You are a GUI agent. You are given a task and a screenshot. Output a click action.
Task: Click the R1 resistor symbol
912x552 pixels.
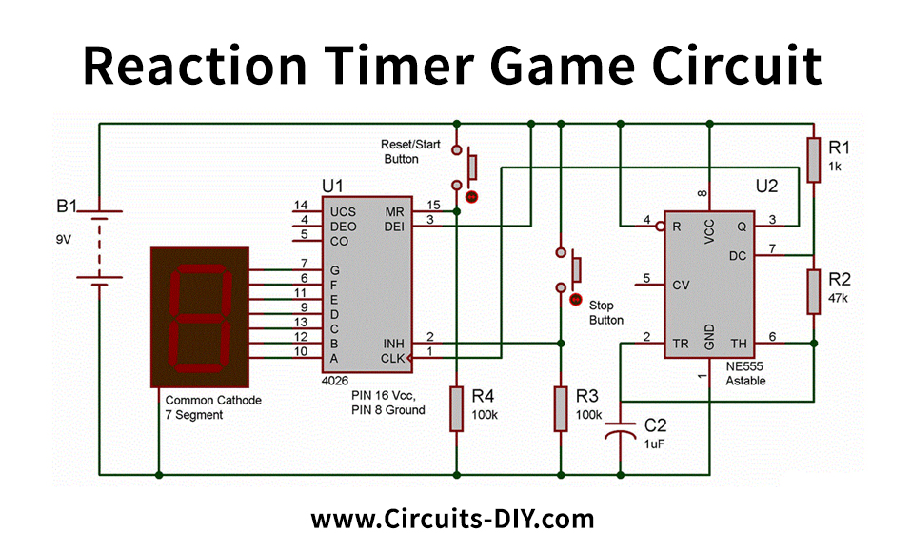pyautogui.click(x=813, y=159)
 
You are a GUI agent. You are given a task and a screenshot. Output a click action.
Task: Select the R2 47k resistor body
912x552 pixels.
pyautogui.click(x=813, y=291)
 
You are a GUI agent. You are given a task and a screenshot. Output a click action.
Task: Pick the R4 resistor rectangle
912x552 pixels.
pyautogui.click(x=457, y=408)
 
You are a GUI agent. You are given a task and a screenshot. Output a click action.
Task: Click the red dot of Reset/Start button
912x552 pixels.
pyautogui.click(x=470, y=197)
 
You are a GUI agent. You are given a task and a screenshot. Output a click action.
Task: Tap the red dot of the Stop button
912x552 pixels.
pyautogui.click(x=574, y=300)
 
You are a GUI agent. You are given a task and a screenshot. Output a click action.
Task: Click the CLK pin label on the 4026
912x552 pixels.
pyautogui.click(x=393, y=358)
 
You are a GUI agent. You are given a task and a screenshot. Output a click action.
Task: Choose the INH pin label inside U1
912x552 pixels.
pyautogui.click(x=394, y=342)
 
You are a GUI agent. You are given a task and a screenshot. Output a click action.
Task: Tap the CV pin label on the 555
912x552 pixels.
pyautogui.click(x=680, y=285)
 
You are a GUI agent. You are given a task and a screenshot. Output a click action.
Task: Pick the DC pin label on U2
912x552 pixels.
pyautogui.click(x=737, y=255)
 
